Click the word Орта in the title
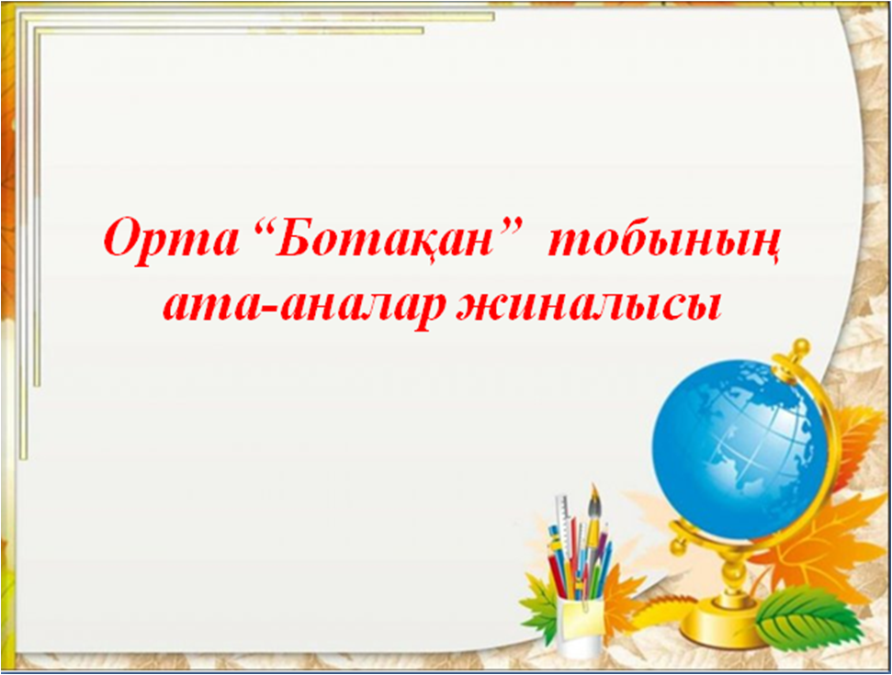tap(171, 238)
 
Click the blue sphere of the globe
tap(740, 449)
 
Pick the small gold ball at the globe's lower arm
tap(678, 547)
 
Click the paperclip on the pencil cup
tap(585, 604)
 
